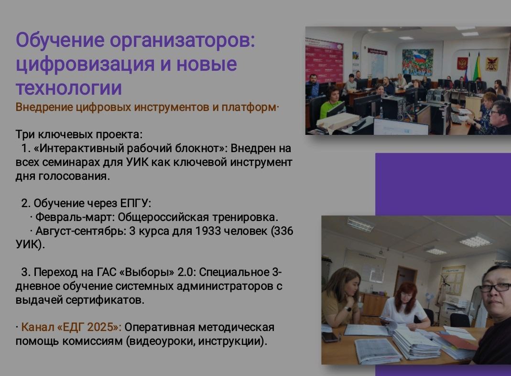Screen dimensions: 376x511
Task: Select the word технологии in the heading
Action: click(68, 88)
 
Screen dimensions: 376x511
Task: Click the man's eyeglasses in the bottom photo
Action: click(495, 287)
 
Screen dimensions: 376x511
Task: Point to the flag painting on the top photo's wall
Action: click(417, 62)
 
